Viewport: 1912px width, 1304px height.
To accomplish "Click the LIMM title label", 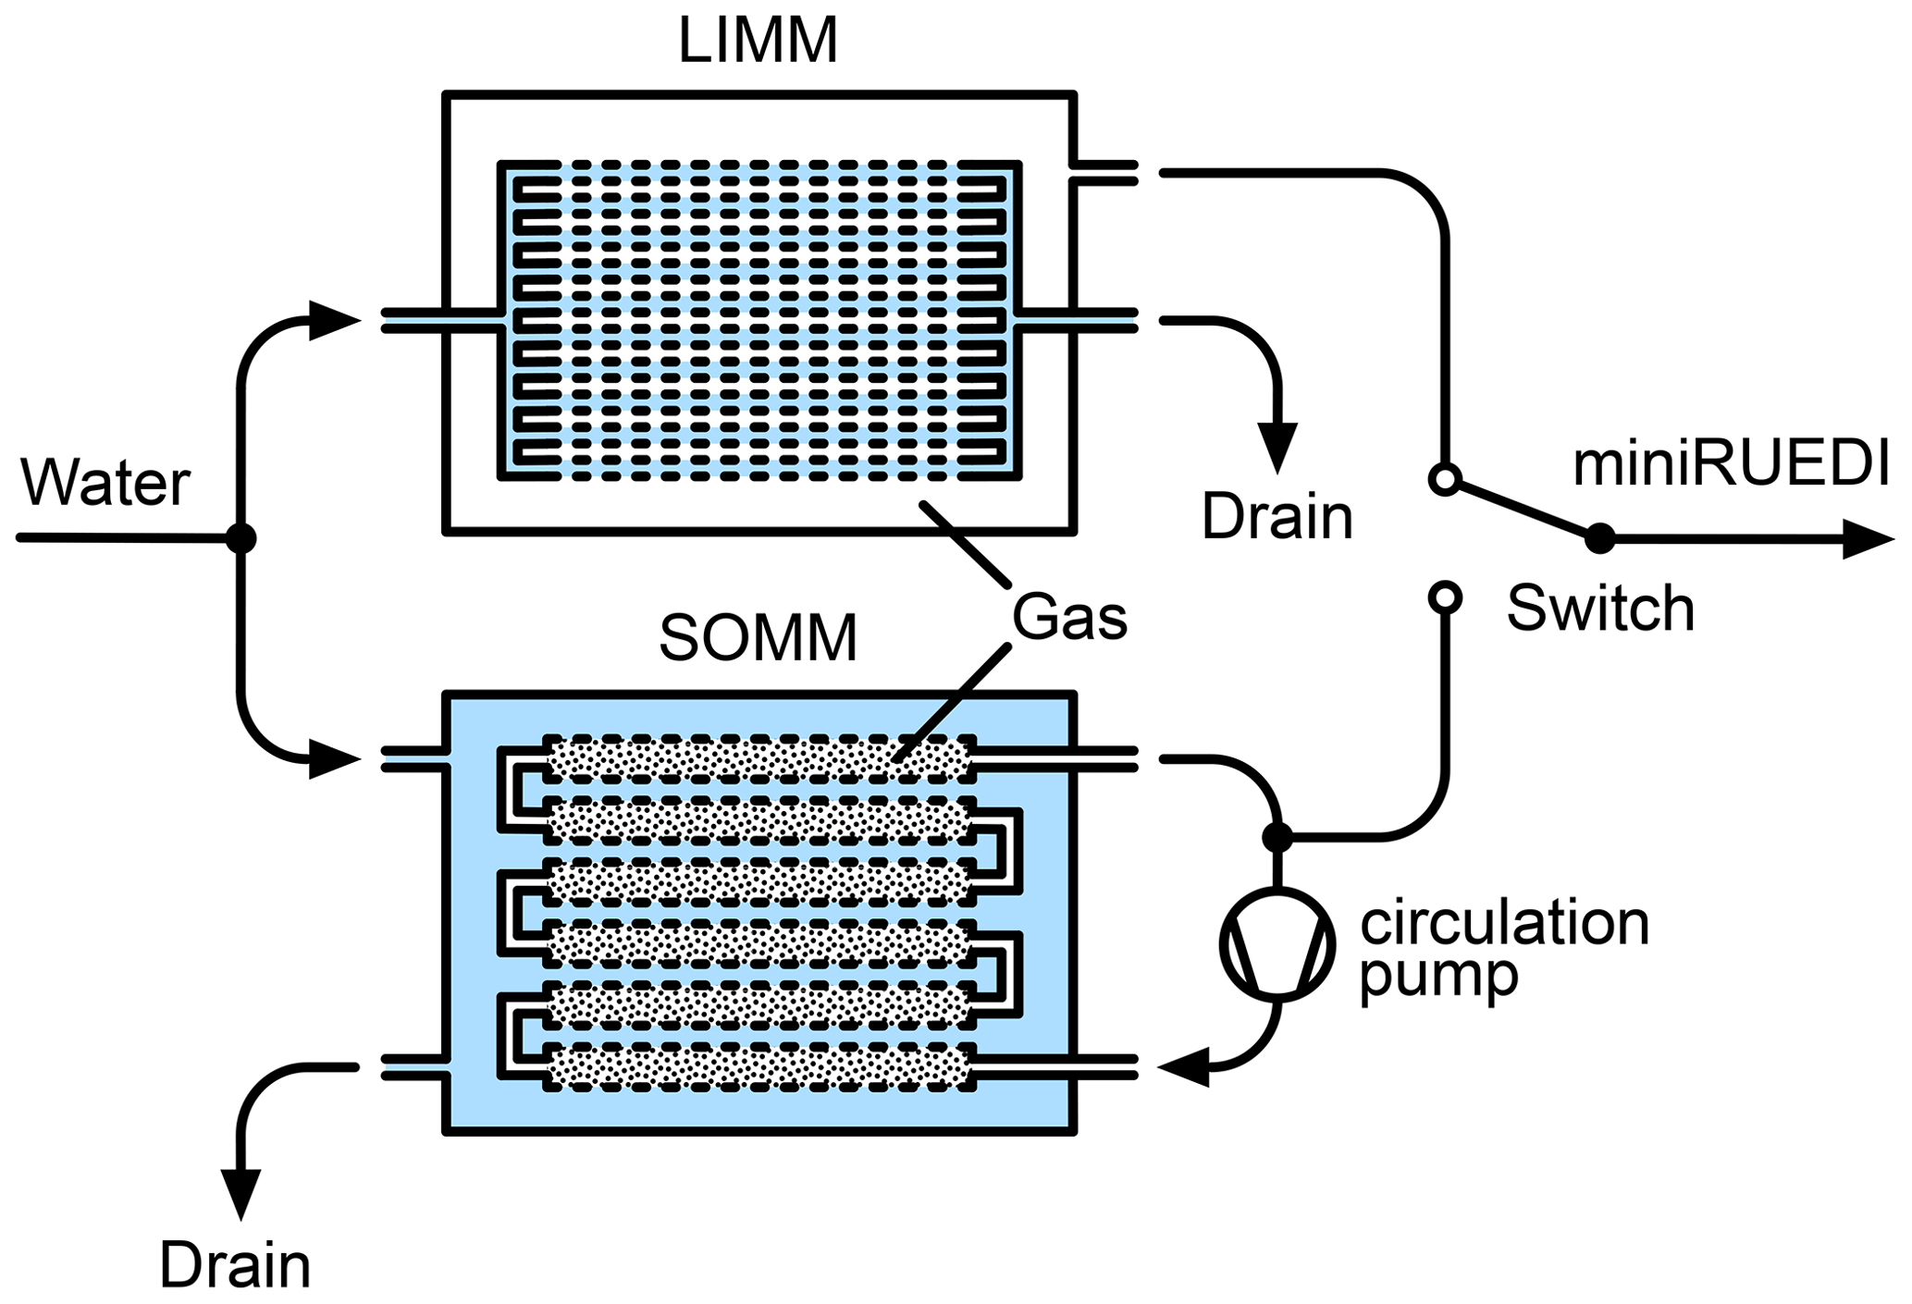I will [758, 41].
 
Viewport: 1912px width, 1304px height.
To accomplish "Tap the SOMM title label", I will [758, 638].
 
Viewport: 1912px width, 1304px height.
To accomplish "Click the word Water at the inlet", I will [105, 483].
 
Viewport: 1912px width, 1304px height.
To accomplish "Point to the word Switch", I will [1600, 609].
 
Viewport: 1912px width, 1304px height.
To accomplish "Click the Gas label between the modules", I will [1069, 617].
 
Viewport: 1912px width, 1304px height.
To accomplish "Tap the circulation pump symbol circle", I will [1277, 944].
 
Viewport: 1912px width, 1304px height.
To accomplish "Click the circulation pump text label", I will [1504, 949].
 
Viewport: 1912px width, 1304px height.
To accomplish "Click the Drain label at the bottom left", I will [235, 1265].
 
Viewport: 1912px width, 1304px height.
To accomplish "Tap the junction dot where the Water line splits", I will [241, 538].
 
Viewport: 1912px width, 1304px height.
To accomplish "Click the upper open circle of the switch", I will [1445, 479].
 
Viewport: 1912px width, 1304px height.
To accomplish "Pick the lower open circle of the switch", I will [1445, 597].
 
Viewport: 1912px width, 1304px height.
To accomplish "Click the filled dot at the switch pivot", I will [1600, 538].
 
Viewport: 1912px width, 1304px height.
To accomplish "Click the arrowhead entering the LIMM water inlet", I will [333, 321].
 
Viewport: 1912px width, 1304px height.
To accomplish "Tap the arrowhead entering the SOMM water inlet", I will [333, 759].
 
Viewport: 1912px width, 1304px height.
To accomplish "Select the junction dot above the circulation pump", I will [1277, 838].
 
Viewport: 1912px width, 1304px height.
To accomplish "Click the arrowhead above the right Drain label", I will [1278, 448].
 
